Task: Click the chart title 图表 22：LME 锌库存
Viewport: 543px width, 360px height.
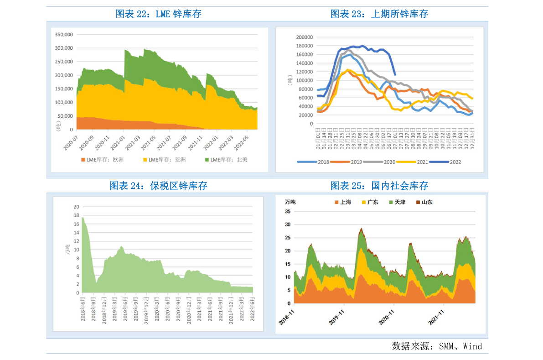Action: click(158, 14)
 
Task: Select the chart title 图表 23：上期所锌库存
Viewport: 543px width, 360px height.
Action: click(379, 14)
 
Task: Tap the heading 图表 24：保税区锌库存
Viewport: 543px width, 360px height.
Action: click(158, 186)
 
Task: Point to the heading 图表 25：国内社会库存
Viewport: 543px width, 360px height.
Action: click(379, 186)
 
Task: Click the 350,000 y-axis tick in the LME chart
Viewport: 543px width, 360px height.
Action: click(64, 35)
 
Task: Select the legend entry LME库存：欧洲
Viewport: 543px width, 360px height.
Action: click(102, 160)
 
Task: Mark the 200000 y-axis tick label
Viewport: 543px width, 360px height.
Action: click(305, 37)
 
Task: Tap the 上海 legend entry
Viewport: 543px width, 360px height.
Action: click(343, 202)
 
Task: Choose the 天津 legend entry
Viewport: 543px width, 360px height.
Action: click(397, 202)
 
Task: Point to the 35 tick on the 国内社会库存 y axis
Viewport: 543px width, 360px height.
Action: click(288, 211)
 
